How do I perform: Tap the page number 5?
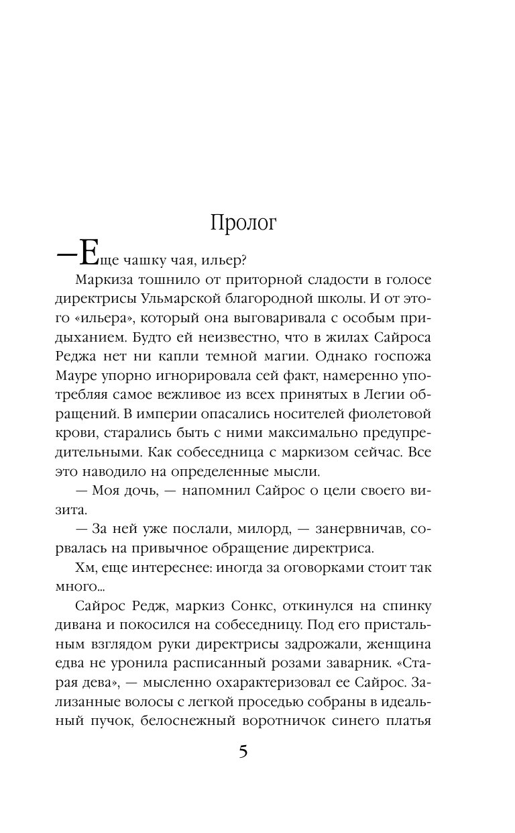pos(243,752)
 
